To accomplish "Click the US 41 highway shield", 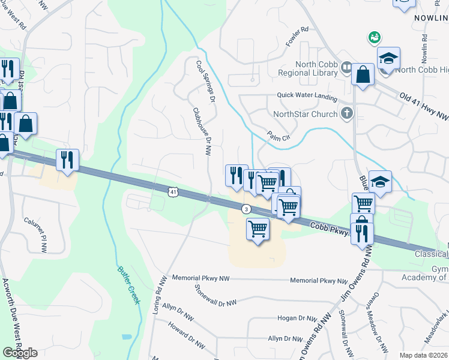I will click(x=173, y=191).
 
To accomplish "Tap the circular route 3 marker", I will click(x=246, y=209).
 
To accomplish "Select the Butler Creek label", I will click(x=128, y=285).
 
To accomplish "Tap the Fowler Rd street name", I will click(x=297, y=37).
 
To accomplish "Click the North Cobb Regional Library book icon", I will click(x=346, y=68).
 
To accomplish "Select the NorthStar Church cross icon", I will click(x=346, y=113).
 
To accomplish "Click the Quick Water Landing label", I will click(x=307, y=95).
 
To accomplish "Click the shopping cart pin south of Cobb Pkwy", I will click(x=258, y=228).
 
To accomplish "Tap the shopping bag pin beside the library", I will click(x=364, y=75).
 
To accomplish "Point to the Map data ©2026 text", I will click(x=424, y=355).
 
